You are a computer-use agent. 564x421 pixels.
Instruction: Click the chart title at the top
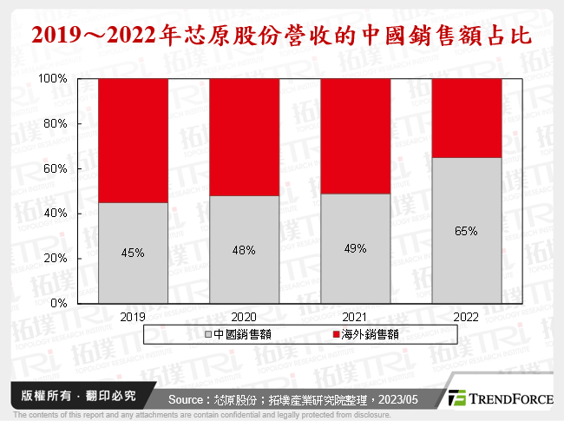[x=282, y=36]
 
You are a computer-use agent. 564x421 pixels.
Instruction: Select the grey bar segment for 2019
[x=132, y=253]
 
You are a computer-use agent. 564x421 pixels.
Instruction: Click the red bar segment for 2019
[x=132, y=140]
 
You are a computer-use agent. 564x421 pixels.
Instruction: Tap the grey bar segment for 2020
[x=244, y=249]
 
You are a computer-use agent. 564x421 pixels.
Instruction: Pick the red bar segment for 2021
[x=355, y=135]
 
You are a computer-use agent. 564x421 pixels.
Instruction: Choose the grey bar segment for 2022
[x=467, y=230]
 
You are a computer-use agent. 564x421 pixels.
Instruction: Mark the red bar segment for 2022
[x=467, y=117]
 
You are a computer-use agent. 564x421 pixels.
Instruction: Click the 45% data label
[x=132, y=253]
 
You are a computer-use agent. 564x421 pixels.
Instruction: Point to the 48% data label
[x=244, y=249]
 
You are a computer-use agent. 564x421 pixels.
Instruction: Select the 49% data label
[x=355, y=248]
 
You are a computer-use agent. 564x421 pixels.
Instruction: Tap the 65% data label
[x=467, y=231]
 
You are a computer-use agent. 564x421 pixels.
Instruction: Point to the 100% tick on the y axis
[x=54, y=78]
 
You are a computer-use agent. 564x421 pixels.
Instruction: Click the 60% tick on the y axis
[x=56, y=168]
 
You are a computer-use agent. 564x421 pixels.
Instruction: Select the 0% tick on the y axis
[x=60, y=303]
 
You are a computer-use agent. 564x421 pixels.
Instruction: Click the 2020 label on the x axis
[x=244, y=317]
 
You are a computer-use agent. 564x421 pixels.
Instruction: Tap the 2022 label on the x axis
[x=467, y=317]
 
